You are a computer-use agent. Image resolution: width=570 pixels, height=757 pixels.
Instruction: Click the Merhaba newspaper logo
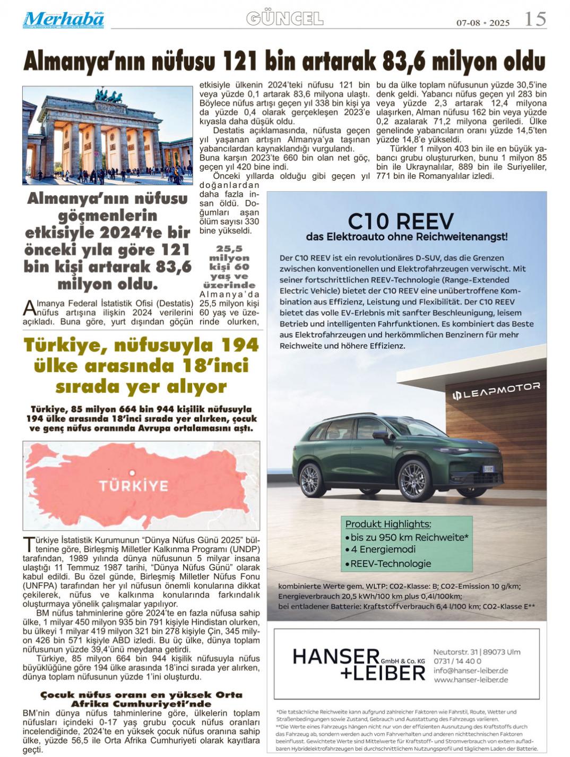(63, 20)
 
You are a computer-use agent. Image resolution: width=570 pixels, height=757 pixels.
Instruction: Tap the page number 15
(535, 20)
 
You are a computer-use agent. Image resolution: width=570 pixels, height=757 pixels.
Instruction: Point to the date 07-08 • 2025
(483, 23)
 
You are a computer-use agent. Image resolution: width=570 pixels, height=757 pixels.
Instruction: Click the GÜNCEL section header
(284, 19)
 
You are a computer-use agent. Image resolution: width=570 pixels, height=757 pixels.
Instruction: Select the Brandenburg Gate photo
(107, 135)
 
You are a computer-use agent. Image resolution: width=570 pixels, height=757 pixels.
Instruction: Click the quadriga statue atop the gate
(109, 96)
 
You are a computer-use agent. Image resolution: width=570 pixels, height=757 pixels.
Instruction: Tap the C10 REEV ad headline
(401, 221)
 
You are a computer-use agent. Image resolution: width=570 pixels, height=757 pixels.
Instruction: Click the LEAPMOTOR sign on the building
(496, 391)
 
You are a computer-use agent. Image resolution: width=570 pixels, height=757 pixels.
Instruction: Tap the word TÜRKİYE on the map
(134, 486)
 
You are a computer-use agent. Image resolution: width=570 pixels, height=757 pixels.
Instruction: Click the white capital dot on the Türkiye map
(132, 472)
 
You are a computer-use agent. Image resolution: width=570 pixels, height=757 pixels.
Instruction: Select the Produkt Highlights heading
(388, 524)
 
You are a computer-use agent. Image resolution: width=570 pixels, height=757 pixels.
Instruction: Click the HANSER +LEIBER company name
(359, 664)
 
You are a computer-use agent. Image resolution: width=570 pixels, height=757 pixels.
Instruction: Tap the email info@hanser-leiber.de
(470, 670)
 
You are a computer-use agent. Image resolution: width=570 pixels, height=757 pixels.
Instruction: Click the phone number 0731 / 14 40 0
(457, 661)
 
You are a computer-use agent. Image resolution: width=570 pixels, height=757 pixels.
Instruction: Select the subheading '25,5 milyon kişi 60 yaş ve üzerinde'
(229, 266)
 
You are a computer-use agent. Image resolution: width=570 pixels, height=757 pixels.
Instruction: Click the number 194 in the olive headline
(240, 345)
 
